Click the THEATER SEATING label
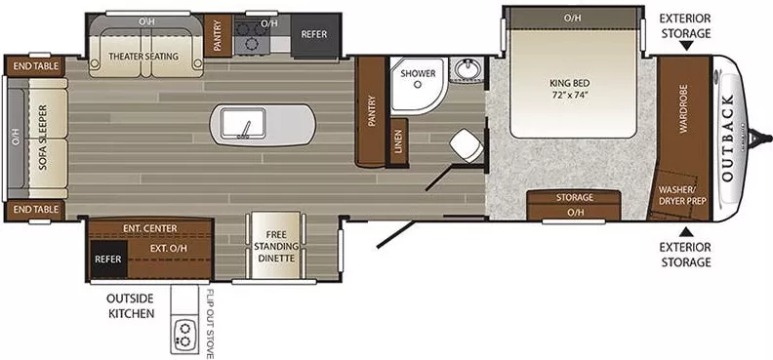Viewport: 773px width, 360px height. [142, 56]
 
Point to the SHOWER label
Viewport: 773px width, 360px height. [417, 73]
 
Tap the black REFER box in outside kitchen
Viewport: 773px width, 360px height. [107, 260]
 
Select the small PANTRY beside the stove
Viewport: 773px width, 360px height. [217, 35]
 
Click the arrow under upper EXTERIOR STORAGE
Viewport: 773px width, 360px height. [684, 45]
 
